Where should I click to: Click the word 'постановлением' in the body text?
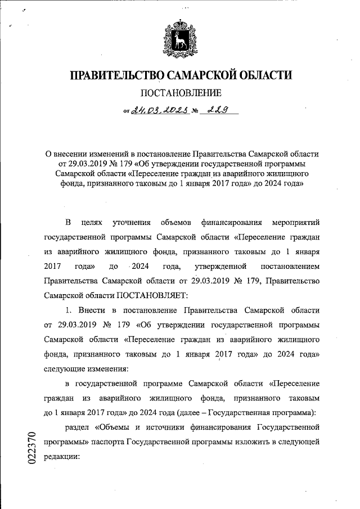289,265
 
